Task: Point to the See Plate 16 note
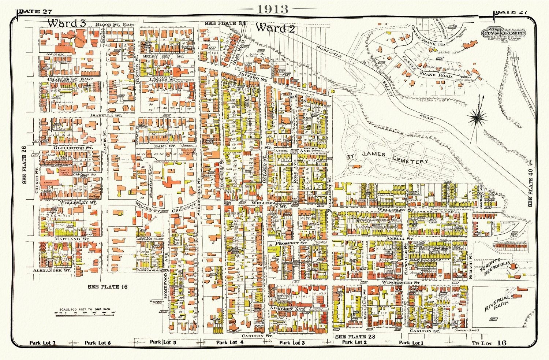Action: [108, 287]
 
